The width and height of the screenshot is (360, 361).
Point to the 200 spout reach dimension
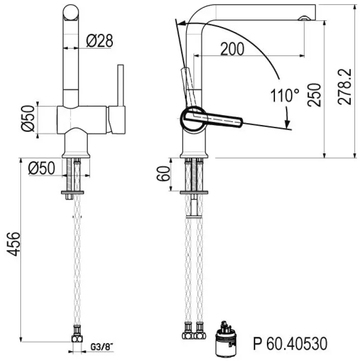[232, 49]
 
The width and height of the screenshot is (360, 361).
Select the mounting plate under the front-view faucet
[72, 193]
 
